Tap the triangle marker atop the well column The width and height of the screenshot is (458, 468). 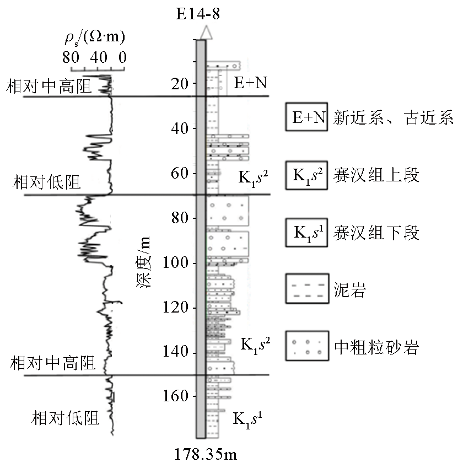click(205, 33)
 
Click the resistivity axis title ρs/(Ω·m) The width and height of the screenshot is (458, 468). click(94, 38)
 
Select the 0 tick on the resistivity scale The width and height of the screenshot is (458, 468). click(122, 56)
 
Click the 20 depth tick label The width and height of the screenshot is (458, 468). click(178, 84)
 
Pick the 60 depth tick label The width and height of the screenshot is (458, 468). click(178, 173)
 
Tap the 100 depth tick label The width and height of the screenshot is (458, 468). click(175, 263)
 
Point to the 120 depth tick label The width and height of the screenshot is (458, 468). click(175, 308)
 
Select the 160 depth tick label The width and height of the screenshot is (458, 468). click(175, 397)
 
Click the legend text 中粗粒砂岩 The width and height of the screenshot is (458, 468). click(378, 347)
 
